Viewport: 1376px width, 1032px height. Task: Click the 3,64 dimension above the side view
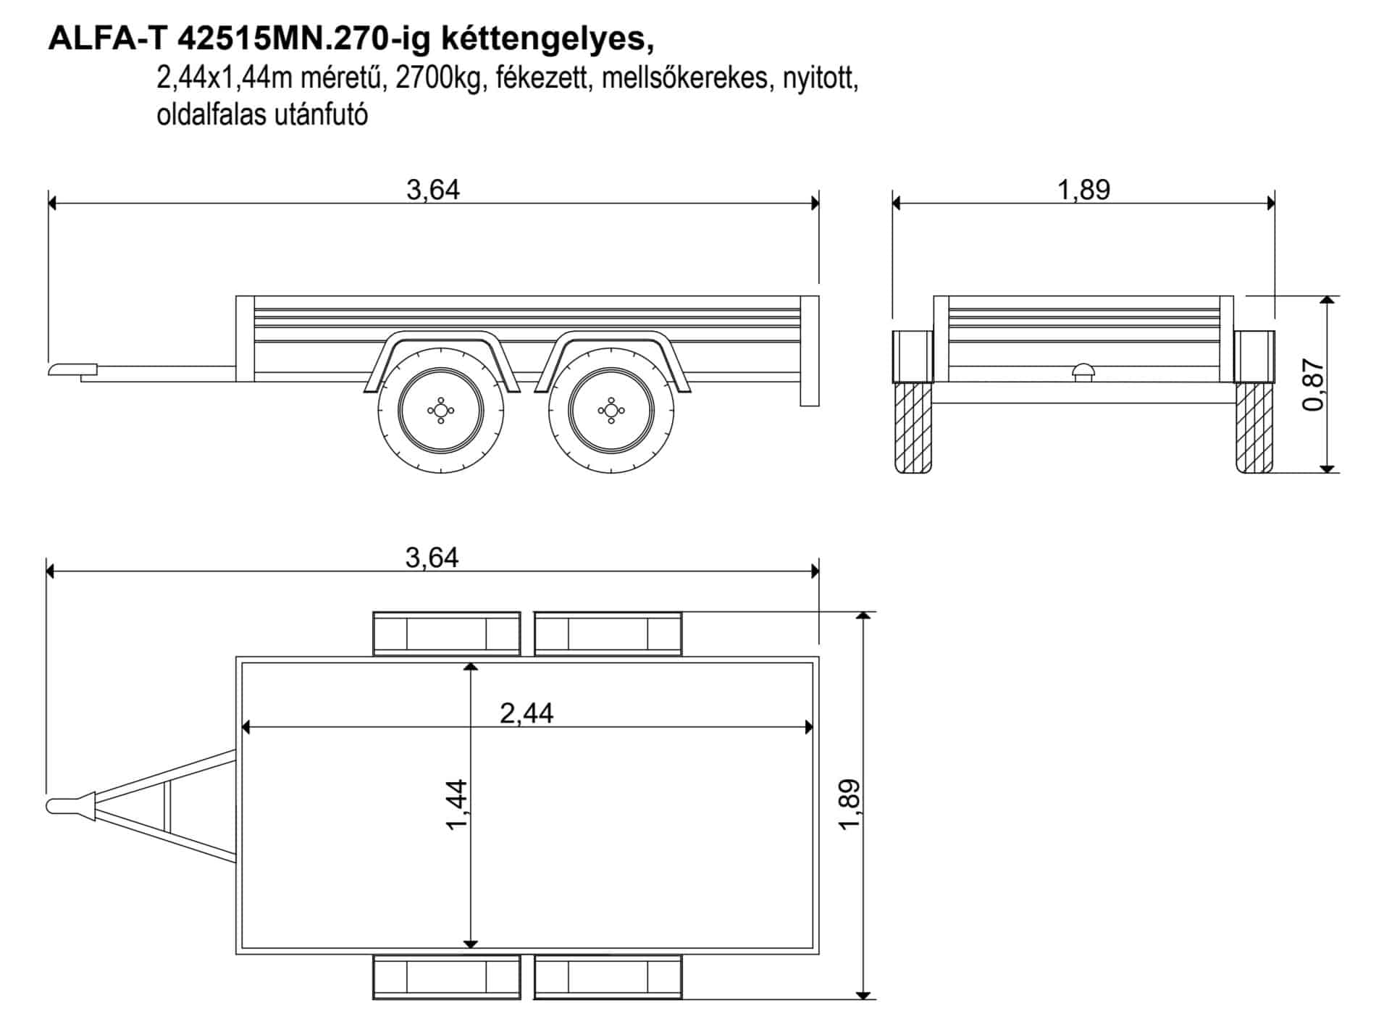(x=433, y=190)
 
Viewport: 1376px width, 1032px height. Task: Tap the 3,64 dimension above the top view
(x=432, y=558)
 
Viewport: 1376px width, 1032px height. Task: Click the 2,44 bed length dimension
(x=527, y=713)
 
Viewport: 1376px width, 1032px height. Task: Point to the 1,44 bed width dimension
(x=458, y=804)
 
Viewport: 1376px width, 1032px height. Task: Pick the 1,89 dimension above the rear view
(x=1083, y=190)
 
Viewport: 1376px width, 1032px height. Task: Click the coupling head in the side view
(x=72, y=370)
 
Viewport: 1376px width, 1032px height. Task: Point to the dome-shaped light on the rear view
(x=1083, y=370)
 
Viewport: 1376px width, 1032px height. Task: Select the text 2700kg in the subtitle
(x=439, y=77)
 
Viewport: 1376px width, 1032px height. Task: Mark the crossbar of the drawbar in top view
(x=167, y=807)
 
